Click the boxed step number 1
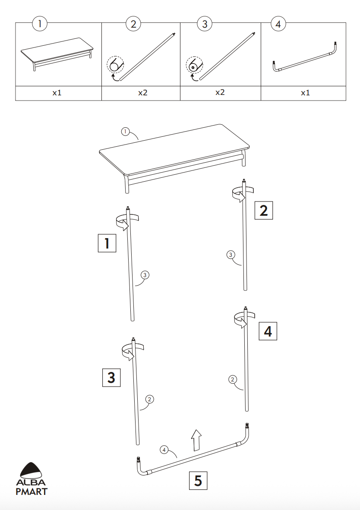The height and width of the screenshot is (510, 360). (107, 243)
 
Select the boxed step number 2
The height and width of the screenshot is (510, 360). (264, 210)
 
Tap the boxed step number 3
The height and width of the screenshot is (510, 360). (111, 377)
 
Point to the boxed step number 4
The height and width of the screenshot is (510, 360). (268, 331)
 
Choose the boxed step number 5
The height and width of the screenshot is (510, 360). (198, 480)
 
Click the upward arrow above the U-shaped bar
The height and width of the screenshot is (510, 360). (196, 440)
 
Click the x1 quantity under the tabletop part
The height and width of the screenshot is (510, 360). (57, 93)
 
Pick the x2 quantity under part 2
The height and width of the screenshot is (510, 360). (142, 93)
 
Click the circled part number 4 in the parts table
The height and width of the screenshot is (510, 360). (278, 24)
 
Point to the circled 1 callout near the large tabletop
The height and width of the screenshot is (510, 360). (125, 132)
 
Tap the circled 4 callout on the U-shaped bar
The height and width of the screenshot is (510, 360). (164, 450)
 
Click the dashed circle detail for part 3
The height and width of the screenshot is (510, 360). (194, 65)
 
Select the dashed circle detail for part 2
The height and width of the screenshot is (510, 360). (115, 65)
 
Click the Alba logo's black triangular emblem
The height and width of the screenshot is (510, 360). (31, 471)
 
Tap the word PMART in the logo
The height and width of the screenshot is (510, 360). (32, 491)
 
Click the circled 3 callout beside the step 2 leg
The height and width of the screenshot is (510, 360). (231, 255)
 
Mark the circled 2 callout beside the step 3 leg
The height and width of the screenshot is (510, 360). (149, 399)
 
